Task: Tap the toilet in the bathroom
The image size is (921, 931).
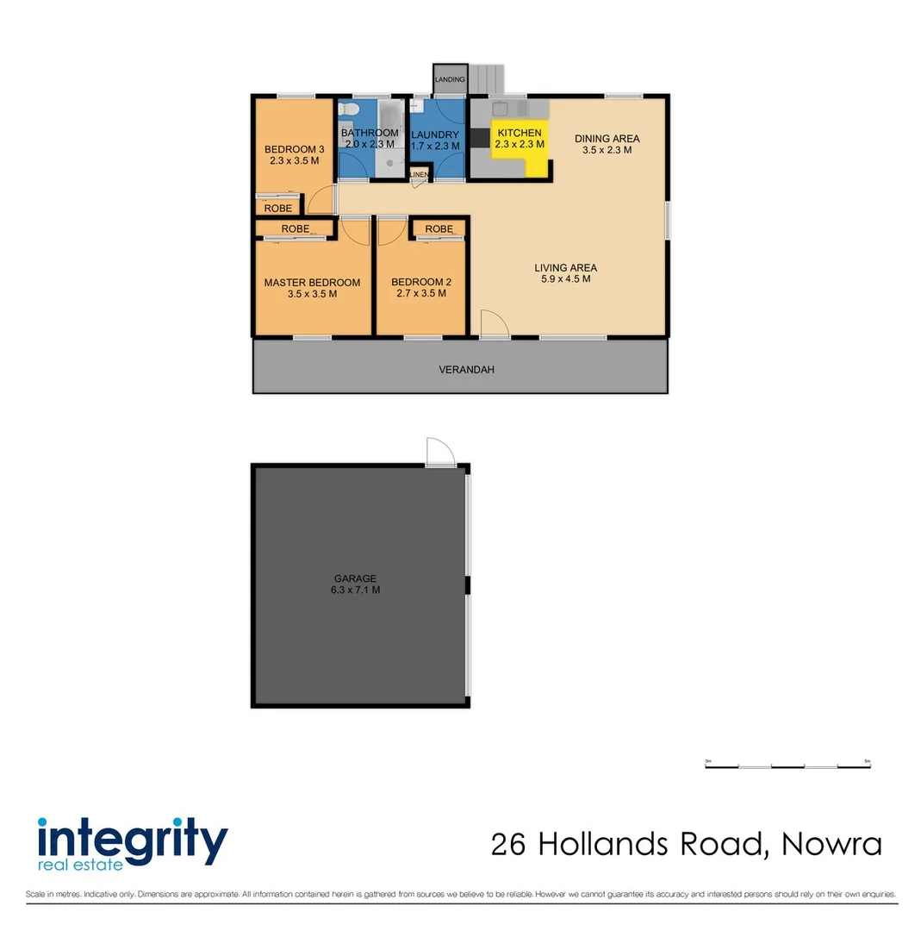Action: [347, 109]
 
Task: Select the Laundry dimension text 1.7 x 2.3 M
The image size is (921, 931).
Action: [434, 147]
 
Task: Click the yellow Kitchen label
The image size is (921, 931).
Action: [520, 133]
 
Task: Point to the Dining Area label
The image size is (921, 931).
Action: [607, 138]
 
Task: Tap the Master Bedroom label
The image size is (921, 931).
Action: [312, 282]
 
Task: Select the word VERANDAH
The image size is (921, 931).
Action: [466, 370]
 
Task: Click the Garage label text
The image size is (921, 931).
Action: [356, 578]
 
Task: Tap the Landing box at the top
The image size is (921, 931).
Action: [450, 79]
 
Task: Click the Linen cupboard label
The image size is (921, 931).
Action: [420, 175]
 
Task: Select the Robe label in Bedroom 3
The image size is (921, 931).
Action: [277, 209]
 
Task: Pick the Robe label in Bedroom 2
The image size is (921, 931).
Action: [439, 228]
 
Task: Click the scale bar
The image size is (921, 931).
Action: [787, 765]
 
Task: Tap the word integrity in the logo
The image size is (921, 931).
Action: [132, 837]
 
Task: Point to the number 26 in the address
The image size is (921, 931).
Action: [510, 844]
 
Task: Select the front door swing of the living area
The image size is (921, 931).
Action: [494, 323]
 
